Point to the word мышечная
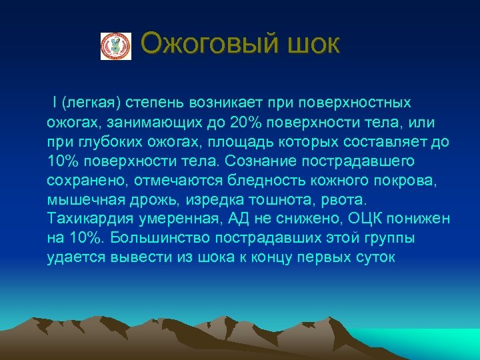click(77, 200)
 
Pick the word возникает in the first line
click(226, 104)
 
